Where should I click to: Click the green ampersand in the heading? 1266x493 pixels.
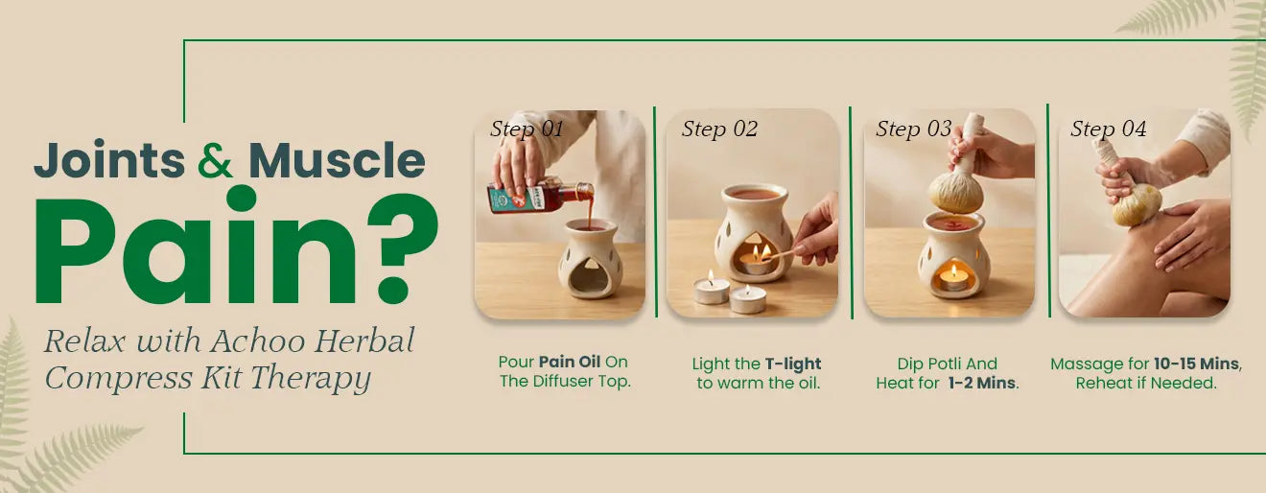[215, 160]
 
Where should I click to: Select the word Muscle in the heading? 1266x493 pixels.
[337, 160]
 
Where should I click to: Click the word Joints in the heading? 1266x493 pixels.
[109, 160]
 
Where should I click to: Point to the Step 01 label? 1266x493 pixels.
[527, 129]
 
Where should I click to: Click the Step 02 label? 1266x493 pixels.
[719, 129]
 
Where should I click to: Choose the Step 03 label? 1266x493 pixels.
[914, 129]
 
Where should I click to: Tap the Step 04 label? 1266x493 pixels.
[1109, 129]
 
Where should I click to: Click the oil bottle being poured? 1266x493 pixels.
[540, 196]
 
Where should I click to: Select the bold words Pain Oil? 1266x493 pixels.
[570, 362]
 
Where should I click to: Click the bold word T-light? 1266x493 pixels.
[793, 364]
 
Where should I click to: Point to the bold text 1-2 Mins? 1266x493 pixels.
[982, 383]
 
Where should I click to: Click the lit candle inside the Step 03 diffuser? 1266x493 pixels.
[953, 279]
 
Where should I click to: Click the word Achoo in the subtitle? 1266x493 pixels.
[259, 340]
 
